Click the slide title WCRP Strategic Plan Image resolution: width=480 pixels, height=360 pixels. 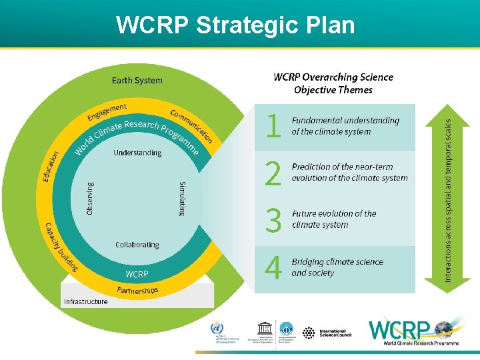(x=235, y=25)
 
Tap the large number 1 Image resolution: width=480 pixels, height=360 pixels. (x=273, y=126)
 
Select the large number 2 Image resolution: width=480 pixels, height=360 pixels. (x=273, y=174)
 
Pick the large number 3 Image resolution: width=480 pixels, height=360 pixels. (x=273, y=221)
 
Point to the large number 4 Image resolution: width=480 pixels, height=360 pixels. (x=273, y=268)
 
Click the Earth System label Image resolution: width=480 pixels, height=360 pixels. (x=137, y=81)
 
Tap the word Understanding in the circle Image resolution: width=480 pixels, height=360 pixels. (x=137, y=153)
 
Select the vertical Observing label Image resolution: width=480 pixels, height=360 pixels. (x=91, y=198)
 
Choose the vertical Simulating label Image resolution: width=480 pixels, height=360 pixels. (x=183, y=198)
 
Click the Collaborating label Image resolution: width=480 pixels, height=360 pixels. (x=137, y=245)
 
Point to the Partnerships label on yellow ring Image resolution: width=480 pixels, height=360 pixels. (x=137, y=290)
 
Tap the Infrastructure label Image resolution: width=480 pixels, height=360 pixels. (x=85, y=301)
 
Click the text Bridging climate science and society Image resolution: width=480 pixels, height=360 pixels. (x=337, y=267)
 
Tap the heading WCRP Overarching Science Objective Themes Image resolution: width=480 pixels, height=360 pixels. (x=333, y=83)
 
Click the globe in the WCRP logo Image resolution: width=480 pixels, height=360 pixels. (x=443, y=328)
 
